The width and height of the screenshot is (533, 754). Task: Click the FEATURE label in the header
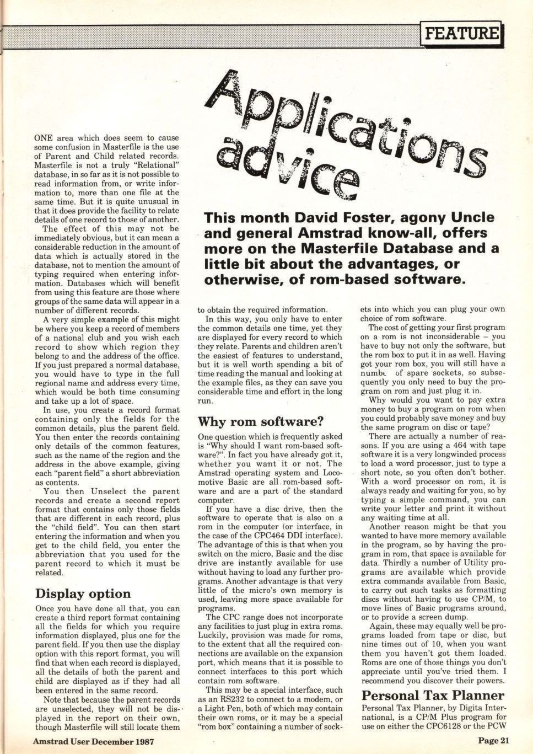tap(461, 33)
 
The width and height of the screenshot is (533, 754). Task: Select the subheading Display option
tap(83, 593)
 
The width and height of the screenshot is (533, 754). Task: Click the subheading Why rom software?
tap(260, 422)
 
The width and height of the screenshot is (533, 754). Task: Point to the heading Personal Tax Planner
tap(433, 695)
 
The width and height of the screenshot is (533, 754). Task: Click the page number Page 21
tap(493, 741)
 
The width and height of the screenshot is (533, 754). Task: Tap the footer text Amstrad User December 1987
tap(93, 741)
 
